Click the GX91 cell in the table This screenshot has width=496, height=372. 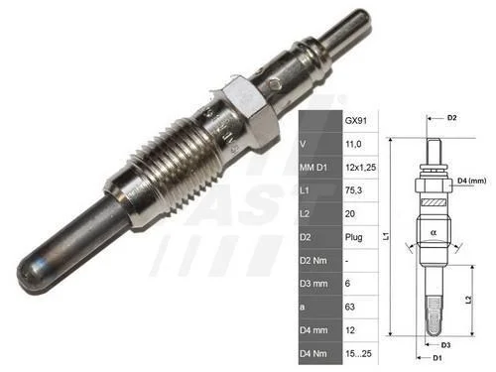coord(356,121)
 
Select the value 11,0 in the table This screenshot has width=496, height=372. coord(353,144)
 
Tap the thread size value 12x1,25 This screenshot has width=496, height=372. coord(360,168)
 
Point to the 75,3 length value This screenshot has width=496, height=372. coord(353,190)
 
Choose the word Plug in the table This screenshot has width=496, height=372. coord(353,237)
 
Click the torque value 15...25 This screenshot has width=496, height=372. coord(358,353)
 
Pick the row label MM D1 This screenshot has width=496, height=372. coord(313,168)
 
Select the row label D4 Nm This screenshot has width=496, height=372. coord(313,354)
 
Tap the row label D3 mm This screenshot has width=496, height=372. coord(313,284)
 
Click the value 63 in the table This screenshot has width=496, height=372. coord(350,307)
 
